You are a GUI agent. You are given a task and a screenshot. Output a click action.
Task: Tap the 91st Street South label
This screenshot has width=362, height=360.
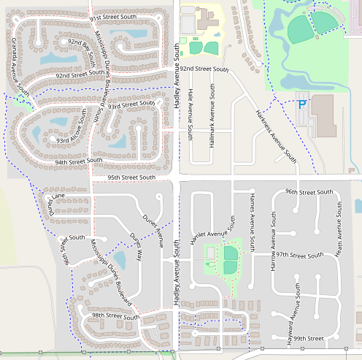coord(113,17)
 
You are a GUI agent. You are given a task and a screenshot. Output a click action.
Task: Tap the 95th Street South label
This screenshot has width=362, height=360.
coord(131,177)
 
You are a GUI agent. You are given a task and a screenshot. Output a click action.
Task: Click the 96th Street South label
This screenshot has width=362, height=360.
coord(309,191)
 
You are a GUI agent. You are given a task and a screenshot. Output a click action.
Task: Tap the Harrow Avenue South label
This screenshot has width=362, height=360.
coord(273,242)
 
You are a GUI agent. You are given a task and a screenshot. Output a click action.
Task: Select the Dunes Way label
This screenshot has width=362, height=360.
coord(136,246)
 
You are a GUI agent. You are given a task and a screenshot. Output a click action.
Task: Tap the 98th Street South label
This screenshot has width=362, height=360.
coord(115,316)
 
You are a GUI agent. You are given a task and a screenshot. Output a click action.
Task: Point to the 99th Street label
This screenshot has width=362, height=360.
coord(305,338)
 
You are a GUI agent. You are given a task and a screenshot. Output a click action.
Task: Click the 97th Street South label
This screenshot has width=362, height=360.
coord(296,256)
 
